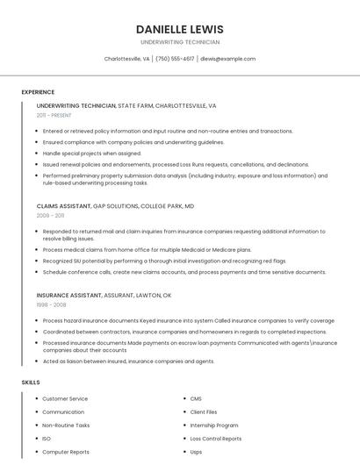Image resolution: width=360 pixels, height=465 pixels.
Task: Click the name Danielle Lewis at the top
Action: pyautogui.click(x=179, y=29)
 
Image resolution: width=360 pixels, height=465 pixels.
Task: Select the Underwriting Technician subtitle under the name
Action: pyautogui.click(x=179, y=42)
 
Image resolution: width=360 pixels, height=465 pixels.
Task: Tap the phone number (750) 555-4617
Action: pyautogui.click(x=175, y=59)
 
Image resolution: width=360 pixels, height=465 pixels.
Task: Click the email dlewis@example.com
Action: pyautogui.click(x=227, y=59)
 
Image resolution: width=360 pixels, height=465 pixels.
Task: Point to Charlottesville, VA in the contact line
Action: pyautogui.click(x=126, y=59)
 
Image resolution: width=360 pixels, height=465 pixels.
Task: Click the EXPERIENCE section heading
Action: pyautogui.click(x=38, y=92)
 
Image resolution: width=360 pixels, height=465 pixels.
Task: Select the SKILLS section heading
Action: pyautogui.click(x=31, y=383)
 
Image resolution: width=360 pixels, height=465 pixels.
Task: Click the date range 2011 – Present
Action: pyautogui.click(x=54, y=115)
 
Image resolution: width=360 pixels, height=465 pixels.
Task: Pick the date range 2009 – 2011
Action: pyautogui.click(x=50, y=215)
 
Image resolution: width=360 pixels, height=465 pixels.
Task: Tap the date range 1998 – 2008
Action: pyautogui.click(x=51, y=304)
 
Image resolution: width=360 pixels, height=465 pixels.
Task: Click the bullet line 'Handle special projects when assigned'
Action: pyautogui.click(x=91, y=153)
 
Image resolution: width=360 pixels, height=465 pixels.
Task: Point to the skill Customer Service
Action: pyautogui.click(x=65, y=399)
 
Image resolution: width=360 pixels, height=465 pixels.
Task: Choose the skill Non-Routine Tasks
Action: pyautogui.click(x=66, y=425)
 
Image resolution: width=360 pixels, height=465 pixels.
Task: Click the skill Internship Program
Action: pyautogui.click(x=214, y=425)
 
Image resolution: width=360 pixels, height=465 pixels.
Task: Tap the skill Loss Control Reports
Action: pyautogui.click(x=215, y=438)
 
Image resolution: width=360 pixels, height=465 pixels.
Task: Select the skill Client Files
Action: pyautogui.click(x=204, y=411)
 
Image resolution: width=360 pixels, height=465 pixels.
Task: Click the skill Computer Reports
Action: pyautogui.click(x=66, y=451)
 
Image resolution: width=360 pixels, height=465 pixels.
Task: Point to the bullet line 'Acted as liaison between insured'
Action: pyautogui.click(x=128, y=361)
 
